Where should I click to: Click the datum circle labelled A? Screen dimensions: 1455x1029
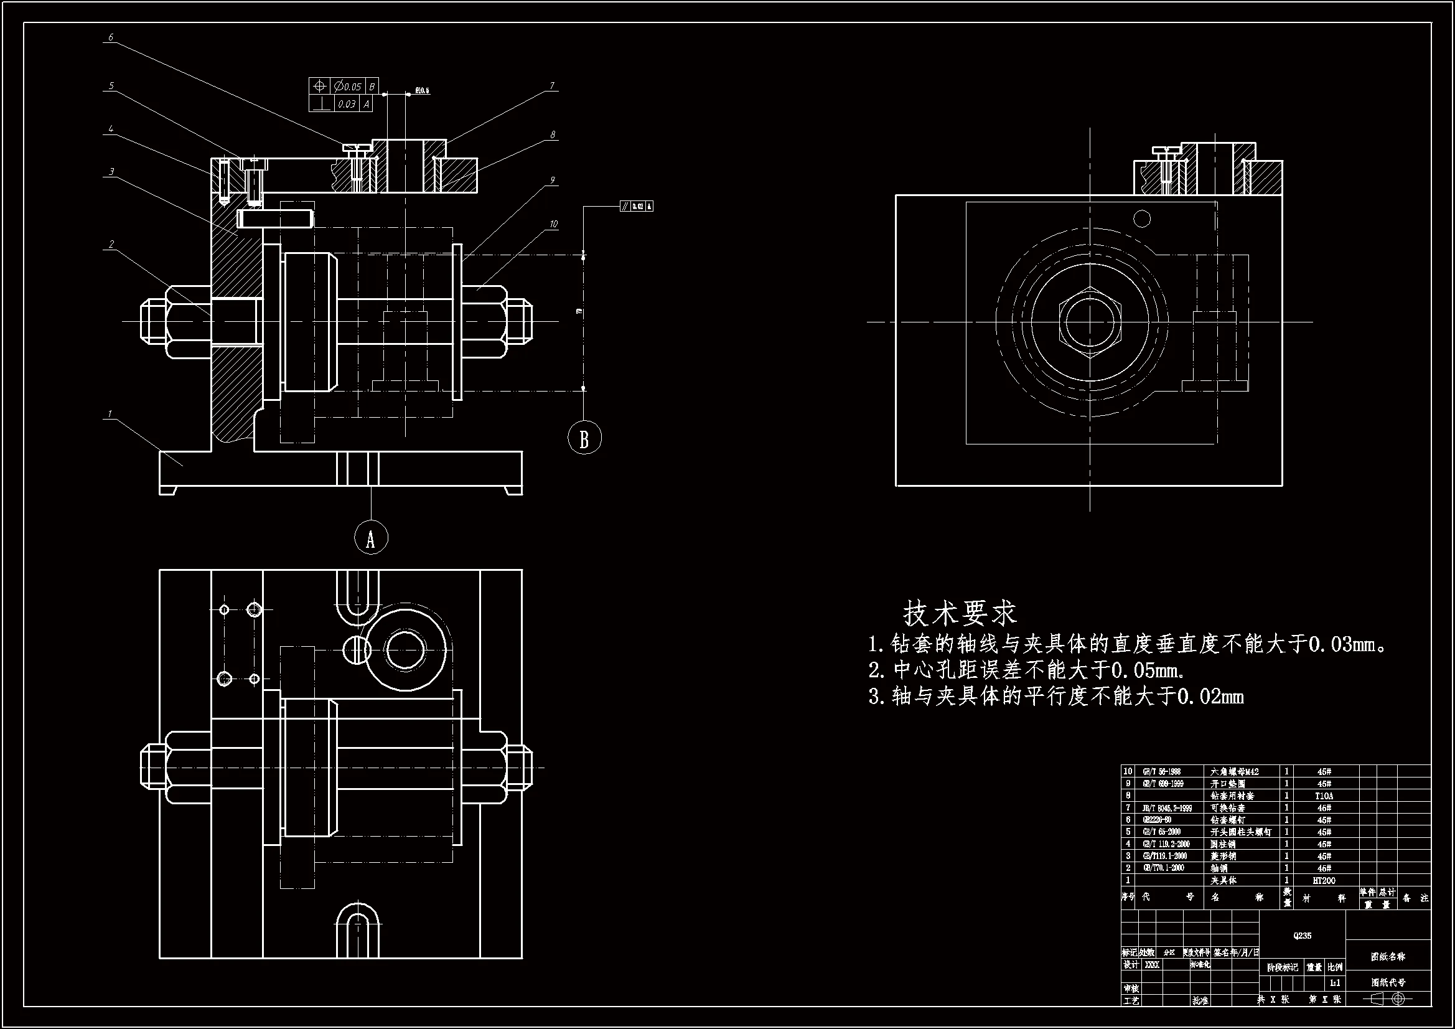click(x=371, y=538)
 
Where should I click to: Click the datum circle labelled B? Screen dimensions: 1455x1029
click(x=584, y=438)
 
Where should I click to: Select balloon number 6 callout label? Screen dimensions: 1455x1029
click(x=111, y=37)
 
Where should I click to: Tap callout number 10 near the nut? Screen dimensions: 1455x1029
click(x=553, y=225)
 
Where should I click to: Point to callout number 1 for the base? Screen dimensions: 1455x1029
click(x=110, y=414)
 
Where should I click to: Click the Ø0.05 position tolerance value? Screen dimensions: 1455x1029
click(x=348, y=87)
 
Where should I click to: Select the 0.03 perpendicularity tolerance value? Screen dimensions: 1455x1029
click(x=346, y=104)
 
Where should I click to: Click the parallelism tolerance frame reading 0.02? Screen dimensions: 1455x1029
click(x=636, y=206)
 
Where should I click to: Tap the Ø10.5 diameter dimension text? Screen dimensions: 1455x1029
click(x=422, y=91)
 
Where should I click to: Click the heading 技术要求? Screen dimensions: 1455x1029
click(x=960, y=613)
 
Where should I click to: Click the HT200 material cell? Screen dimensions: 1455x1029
click(x=1324, y=881)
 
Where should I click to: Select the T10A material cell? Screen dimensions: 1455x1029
click(x=1324, y=796)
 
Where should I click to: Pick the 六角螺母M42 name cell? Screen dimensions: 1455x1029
click(x=1235, y=771)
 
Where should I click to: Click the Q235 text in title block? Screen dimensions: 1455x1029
click(x=1303, y=936)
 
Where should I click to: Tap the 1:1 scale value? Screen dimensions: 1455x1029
click(x=1336, y=984)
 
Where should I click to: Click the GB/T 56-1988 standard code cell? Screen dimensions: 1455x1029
click(x=1162, y=771)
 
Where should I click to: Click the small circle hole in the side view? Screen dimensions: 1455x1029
click(x=1142, y=218)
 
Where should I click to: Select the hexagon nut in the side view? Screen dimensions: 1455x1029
click(x=1090, y=321)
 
